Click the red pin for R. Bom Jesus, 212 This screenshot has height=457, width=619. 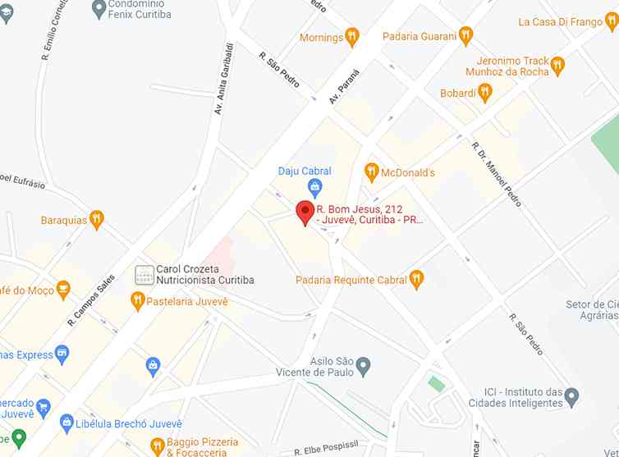[305, 212]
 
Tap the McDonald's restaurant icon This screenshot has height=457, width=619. [371, 172]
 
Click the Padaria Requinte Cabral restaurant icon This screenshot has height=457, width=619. [417, 280]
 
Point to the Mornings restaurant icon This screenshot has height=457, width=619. [352, 37]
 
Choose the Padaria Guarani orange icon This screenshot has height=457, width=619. [466, 35]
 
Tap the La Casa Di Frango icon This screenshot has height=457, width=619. [612, 22]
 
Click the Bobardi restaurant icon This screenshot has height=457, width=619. [485, 93]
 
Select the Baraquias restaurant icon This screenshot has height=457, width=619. [97, 219]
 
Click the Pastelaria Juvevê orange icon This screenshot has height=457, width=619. [137, 301]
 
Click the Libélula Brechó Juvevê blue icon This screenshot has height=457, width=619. [67, 422]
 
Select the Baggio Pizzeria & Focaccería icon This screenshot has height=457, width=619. [157, 447]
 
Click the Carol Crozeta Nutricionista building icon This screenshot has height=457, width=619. [144, 274]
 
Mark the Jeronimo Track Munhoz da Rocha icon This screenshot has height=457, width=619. [558, 66]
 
